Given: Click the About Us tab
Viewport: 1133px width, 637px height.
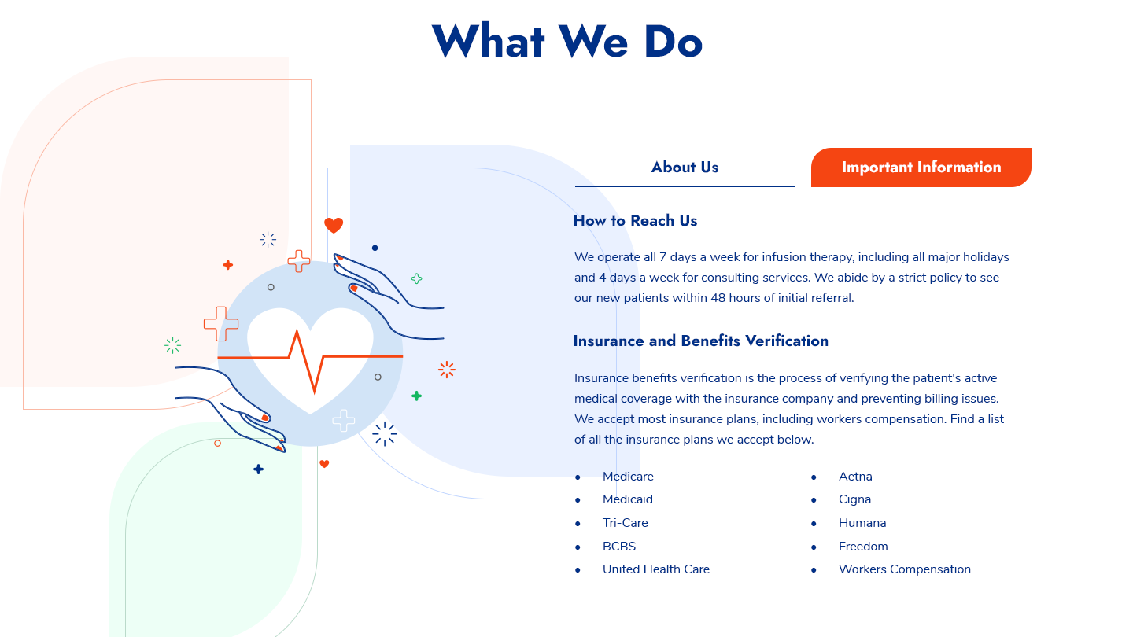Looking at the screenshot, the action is [x=685, y=168].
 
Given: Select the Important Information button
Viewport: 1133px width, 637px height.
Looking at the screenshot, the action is [x=921, y=168].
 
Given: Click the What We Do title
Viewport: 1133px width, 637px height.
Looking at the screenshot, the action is [x=566, y=42].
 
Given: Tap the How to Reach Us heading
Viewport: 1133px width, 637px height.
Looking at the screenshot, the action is [x=635, y=221].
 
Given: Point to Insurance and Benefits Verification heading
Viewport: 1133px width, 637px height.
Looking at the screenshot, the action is [x=700, y=341].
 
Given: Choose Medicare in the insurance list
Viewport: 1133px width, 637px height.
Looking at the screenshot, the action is [x=628, y=477].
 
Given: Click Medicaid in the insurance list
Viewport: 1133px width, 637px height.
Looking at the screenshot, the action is [x=628, y=499].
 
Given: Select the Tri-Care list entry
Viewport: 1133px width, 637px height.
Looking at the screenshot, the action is [x=626, y=523].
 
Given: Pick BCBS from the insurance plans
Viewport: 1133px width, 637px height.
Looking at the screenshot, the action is [x=619, y=547].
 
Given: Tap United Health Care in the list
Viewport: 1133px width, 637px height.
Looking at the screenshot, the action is [x=656, y=569].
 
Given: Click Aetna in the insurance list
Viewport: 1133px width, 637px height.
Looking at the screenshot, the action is [x=855, y=477].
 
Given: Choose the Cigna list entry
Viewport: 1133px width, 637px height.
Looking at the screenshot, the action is [x=854, y=499].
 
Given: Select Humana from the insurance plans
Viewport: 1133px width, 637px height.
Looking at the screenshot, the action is [x=862, y=523].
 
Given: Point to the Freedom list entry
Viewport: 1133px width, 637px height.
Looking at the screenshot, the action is [x=863, y=547].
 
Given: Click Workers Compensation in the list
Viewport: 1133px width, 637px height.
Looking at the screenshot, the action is [x=905, y=569].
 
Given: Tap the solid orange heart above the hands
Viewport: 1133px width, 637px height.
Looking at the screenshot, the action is [x=334, y=226].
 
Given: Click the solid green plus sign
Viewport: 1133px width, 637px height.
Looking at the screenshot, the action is [x=416, y=396].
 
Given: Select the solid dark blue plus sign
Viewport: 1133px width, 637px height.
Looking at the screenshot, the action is [x=258, y=469].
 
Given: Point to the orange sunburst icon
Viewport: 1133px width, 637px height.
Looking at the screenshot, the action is [x=447, y=370].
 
